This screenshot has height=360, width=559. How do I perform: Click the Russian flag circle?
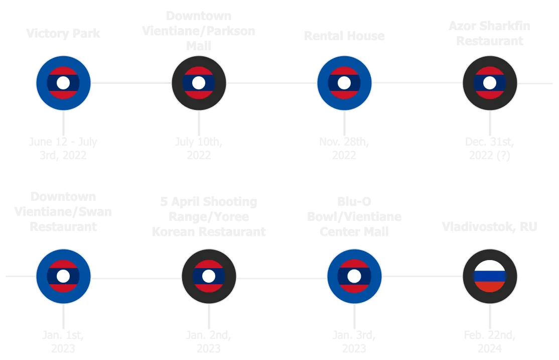click(490, 276)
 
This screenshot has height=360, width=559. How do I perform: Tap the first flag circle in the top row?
click(63, 83)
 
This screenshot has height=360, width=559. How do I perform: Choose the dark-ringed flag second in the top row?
click(199, 83)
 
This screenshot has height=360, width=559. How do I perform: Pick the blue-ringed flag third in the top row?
click(344, 83)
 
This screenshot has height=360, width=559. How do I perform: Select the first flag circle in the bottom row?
click(63, 276)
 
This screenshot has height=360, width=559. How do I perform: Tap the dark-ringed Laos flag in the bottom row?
click(209, 276)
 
